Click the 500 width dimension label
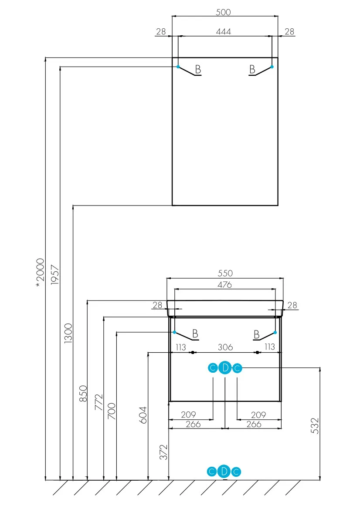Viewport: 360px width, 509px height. (223, 12)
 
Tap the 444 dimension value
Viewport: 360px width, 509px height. (224, 31)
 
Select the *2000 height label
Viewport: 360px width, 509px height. (40, 273)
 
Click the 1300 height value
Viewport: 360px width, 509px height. (68, 333)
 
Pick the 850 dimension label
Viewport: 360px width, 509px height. (84, 394)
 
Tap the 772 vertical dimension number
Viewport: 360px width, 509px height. (99, 402)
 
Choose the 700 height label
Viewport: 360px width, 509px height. (112, 411)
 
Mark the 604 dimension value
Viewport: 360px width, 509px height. (143, 415)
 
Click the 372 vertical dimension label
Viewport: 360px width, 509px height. (164, 452)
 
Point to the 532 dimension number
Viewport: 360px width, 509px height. (315, 425)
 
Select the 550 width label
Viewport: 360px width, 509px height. (225, 273)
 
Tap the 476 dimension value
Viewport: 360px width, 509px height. (224, 285)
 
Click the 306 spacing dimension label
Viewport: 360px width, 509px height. (225, 347)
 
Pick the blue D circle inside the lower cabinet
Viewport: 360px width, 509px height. (225, 368)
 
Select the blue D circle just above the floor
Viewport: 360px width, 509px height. (224, 472)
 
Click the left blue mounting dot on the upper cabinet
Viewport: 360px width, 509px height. (178, 67)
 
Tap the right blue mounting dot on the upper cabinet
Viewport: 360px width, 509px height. (272, 67)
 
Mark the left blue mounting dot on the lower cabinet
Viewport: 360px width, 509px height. (174, 332)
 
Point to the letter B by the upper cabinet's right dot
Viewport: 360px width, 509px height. (252, 69)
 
